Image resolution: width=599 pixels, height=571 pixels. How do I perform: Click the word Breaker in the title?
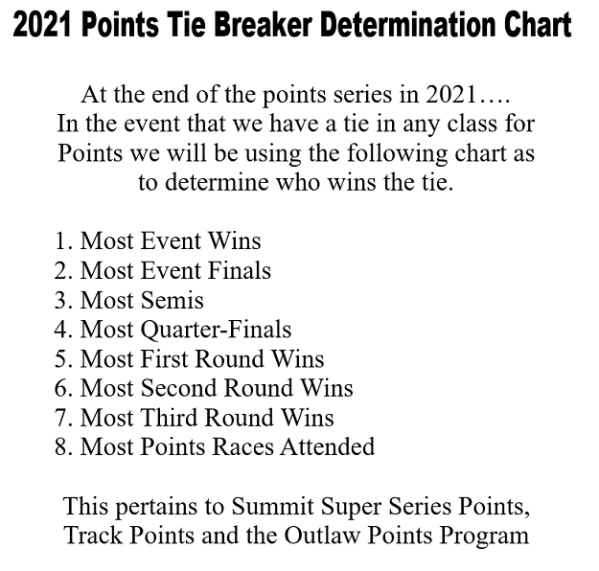(263, 25)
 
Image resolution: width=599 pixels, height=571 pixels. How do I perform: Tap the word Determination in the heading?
(408, 25)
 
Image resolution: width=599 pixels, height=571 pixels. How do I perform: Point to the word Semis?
(173, 300)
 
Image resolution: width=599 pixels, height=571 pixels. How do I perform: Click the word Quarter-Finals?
(217, 330)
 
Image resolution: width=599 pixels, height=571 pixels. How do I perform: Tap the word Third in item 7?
(170, 418)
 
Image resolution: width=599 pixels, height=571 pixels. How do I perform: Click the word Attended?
(328, 446)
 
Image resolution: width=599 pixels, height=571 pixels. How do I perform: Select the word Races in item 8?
(243, 446)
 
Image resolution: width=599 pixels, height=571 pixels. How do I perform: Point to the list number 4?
(61, 330)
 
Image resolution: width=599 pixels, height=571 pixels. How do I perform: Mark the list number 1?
(62, 241)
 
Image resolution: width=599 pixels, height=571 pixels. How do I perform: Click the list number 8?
(63, 446)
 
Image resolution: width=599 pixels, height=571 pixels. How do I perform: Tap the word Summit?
(272, 507)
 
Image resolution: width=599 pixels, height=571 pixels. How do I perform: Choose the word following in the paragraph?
(398, 154)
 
